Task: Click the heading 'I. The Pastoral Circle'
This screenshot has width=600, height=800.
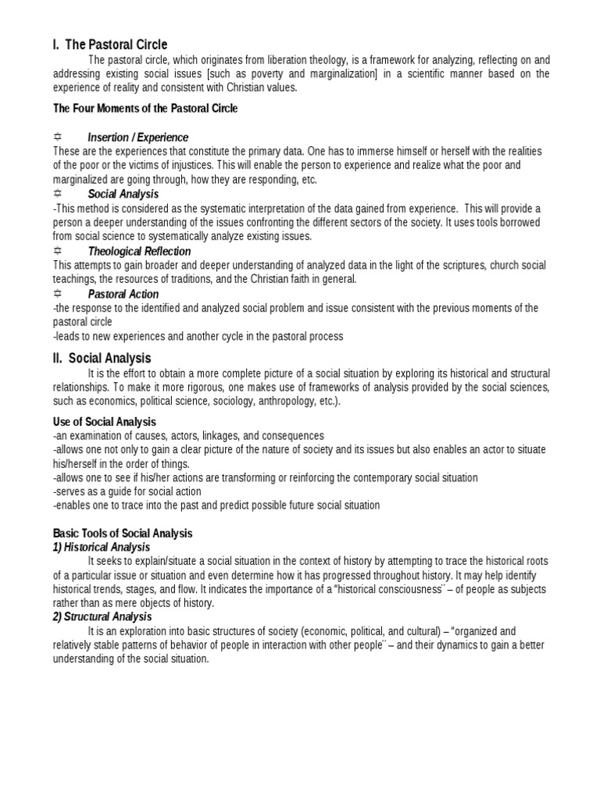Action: pos(110,45)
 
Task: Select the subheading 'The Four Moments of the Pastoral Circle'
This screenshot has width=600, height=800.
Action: pos(145,109)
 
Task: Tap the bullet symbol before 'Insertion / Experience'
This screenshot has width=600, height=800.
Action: pos(58,137)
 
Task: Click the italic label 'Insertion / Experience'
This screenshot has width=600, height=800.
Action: pos(138,137)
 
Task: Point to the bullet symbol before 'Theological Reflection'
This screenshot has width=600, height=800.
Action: pos(58,251)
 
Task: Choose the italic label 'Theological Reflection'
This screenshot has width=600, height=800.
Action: pos(139,252)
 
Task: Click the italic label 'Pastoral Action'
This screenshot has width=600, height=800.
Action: pos(123,295)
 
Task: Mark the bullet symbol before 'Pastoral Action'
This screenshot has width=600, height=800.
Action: pos(58,294)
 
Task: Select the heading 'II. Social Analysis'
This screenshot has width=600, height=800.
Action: pos(102,359)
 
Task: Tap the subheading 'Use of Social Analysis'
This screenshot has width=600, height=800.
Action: pos(105,422)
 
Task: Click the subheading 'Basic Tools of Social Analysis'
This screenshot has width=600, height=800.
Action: pos(123,533)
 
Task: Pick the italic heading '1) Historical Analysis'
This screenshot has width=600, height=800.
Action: pos(102,547)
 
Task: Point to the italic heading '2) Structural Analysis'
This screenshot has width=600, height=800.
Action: pos(102,617)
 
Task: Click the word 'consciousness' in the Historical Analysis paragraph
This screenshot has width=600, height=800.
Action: pos(423,589)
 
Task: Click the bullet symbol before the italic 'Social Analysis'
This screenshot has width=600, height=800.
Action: pos(58,194)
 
